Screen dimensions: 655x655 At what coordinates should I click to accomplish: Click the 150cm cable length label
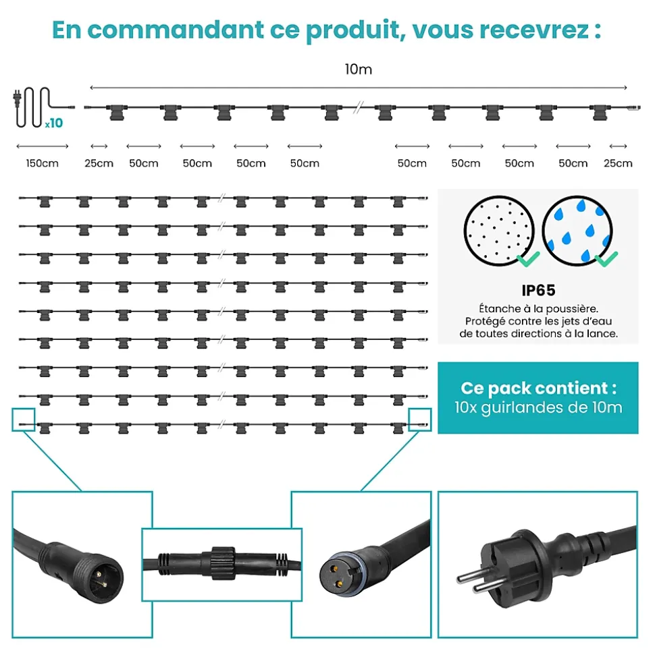pyautogui.click(x=43, y=163)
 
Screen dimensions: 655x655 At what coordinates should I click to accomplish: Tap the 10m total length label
pyautogui.click(x=359, y=69)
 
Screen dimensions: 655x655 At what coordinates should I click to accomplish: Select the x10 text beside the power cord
pyautogui.click(x=54, y=123)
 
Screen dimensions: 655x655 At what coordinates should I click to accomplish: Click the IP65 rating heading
pyautogui.click(x=538, y=290)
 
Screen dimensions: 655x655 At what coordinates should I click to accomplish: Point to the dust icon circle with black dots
pyautogui.click(x=499, y=231)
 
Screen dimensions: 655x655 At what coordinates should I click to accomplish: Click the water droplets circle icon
pyautogui.click(x=577, y=231)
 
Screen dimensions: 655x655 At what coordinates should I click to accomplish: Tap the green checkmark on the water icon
pyautogui.click(x=606, y=258)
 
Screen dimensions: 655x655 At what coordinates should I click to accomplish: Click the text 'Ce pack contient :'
pyautogui.click(x=538, y=388)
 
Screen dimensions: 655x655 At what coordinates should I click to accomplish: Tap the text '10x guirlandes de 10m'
pyautogui.click(x=538, y=407)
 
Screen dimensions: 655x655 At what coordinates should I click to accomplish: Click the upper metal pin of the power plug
pyautogui.click(x=471, y=577)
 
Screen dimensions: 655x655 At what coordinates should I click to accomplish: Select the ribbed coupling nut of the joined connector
pyautogui.click(x=222, y=563)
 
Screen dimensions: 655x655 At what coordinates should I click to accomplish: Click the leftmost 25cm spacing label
pyautogui.click(x=99, y=163)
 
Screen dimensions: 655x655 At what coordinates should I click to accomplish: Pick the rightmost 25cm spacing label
pyautogui.click(x=618, y=163)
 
